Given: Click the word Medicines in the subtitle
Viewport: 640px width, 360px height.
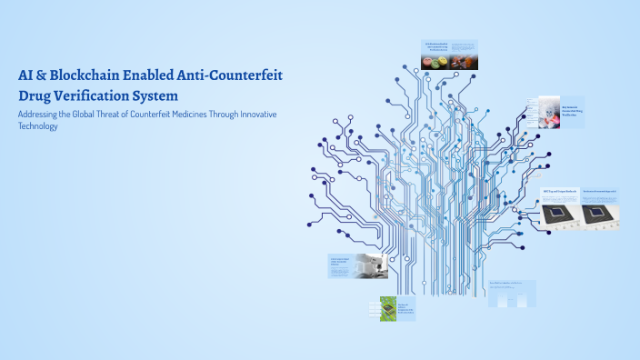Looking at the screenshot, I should click(195, 114).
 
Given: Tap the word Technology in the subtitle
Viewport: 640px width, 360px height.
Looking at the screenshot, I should click(38, 126).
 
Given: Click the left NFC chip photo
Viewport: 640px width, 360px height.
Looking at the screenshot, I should click(556, 214).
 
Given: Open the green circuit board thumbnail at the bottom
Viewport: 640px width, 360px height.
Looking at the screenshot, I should click(387, 309).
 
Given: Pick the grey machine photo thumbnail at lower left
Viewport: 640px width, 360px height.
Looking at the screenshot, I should click(373, 266).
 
